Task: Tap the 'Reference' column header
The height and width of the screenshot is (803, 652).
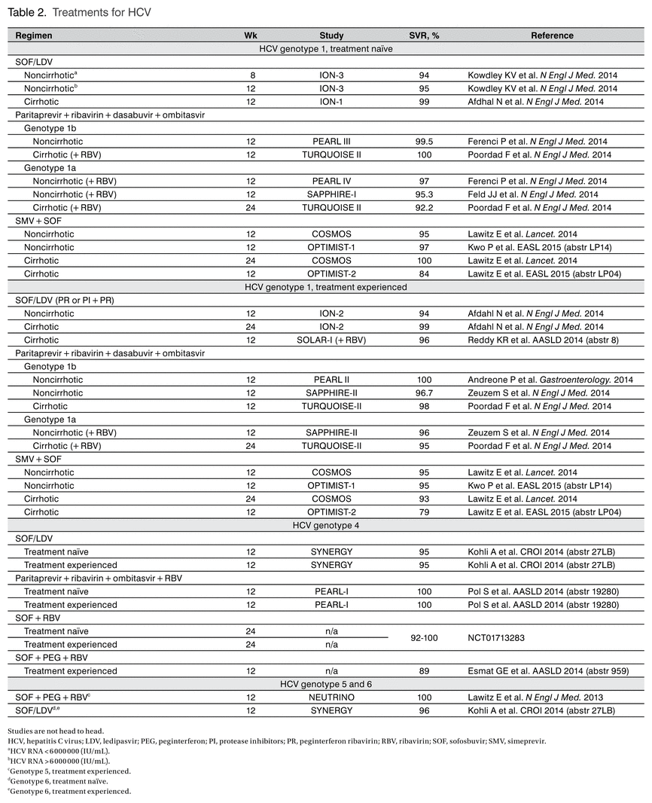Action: coord(552,35)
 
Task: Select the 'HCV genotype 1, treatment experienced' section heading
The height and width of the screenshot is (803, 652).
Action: coord(326,287)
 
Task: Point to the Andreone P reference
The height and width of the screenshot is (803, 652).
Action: coord(550,380)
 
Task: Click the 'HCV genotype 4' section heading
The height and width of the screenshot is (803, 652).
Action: coord(326,525)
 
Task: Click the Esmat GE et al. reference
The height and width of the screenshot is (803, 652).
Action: coord(548,671)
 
